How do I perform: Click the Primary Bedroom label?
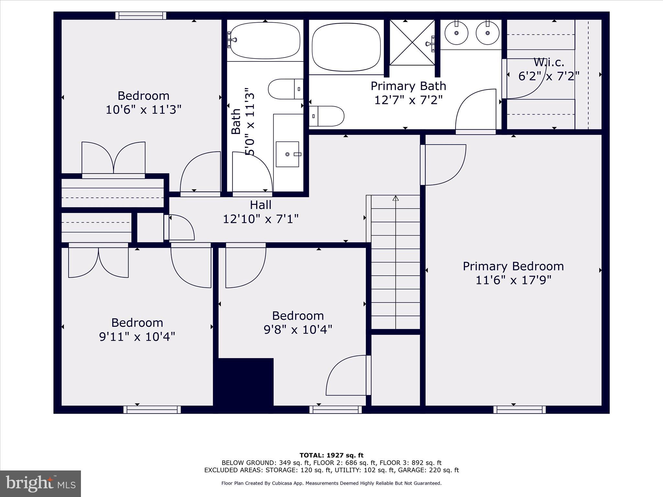click(513, 266)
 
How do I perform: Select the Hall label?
click(261, 205)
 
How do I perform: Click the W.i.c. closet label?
click(549, 62)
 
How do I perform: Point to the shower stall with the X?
click(412, 42)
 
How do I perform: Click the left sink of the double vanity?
click(456, 33)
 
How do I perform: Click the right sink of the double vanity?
click(488, 33)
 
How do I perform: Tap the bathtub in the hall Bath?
click(265, 40)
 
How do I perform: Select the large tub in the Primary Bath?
click(346, 47)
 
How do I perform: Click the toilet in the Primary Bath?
click(327, 116)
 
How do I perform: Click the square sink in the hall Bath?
click(287, 154)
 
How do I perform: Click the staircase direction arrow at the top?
click(395, 198)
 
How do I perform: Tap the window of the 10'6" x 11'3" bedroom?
click(141, 16)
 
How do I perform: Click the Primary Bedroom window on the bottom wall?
click(519, 410)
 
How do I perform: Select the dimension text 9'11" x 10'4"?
click(137, 337)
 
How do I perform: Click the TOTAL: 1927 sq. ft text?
click(331, 455)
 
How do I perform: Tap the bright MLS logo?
click(40, 483)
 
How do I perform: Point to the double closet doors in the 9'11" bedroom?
click(98, 260)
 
